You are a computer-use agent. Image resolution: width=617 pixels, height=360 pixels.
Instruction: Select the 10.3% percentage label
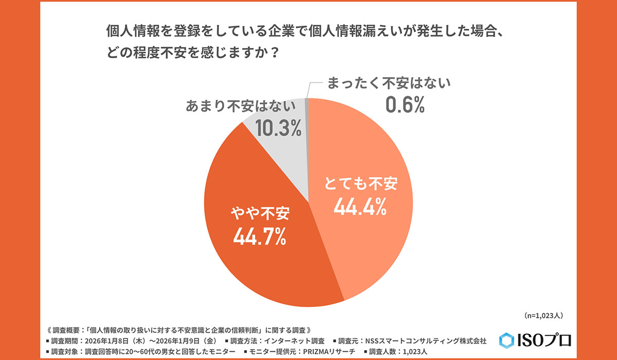click(x=278, y=129)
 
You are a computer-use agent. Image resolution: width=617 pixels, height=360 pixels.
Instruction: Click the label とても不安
click(x=360, y=184)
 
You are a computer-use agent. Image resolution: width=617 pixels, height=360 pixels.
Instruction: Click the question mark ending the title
click(x=274, y=53)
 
